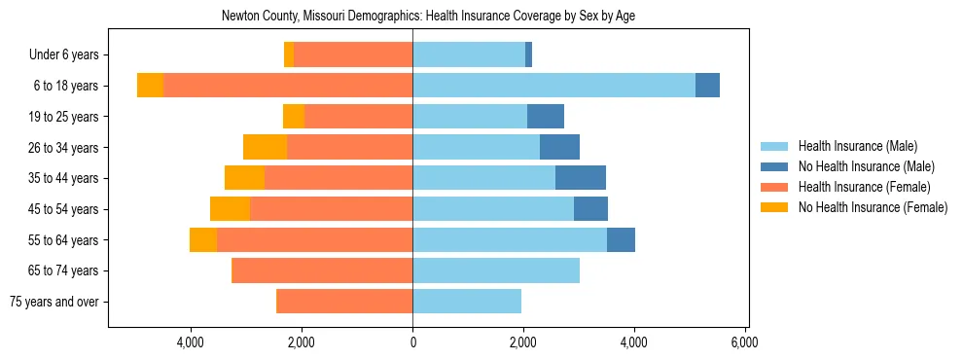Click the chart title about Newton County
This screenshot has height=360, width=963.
[x=428, y=17]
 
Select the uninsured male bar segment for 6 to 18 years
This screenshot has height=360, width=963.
[x=707, y=86]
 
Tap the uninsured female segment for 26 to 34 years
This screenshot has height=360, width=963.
[x=265, y=147]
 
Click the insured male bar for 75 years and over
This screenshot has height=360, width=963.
[x=467, y=302]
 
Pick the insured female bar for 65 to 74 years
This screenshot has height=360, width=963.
[x=322, y=270]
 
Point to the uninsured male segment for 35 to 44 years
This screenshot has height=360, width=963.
[x=581, y=178]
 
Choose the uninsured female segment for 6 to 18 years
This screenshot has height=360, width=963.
[x=150, y=86]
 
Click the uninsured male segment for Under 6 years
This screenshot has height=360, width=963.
[x=528, y=54]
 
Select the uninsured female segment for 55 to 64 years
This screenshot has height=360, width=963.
[x=203, y=239]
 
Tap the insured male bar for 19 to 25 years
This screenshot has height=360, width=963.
[x=470, y=117]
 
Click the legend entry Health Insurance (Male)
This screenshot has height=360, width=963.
[x=857, y=146]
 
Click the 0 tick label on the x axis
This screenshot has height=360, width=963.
[x=412, y=342]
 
